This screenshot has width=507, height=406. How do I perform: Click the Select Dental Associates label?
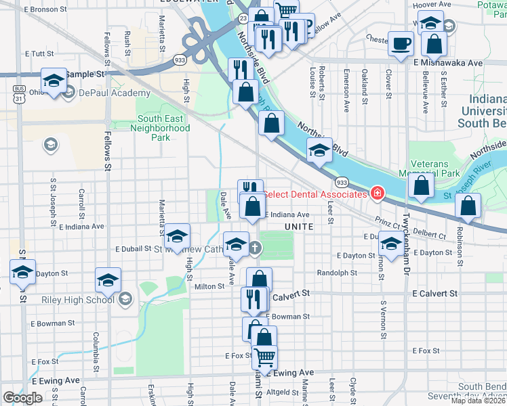pos(315,195)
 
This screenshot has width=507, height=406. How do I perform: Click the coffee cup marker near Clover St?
pos(400,45)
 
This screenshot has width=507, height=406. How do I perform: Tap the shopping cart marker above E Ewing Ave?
pos(264,357)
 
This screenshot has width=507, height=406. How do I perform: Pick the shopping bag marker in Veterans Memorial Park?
pos(422,187)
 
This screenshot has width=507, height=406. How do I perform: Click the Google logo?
pos(22,398)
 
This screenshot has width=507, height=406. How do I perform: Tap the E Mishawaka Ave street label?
pos(448,62)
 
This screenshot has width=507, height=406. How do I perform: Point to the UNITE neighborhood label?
pos(299,227)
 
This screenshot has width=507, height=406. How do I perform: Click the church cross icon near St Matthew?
pos(255,248)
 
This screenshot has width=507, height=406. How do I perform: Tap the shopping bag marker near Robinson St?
pos(468,206)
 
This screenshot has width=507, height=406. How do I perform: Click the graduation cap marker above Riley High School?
pos(108,280)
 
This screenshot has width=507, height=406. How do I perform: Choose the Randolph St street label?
pos(337,273)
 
